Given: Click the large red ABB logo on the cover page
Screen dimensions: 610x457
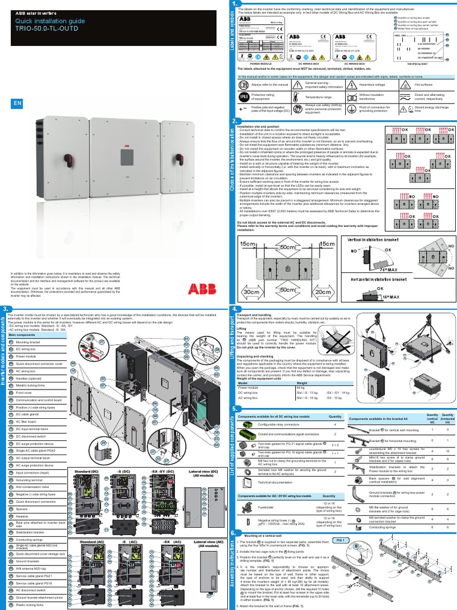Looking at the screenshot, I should [x=203, y=289].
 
